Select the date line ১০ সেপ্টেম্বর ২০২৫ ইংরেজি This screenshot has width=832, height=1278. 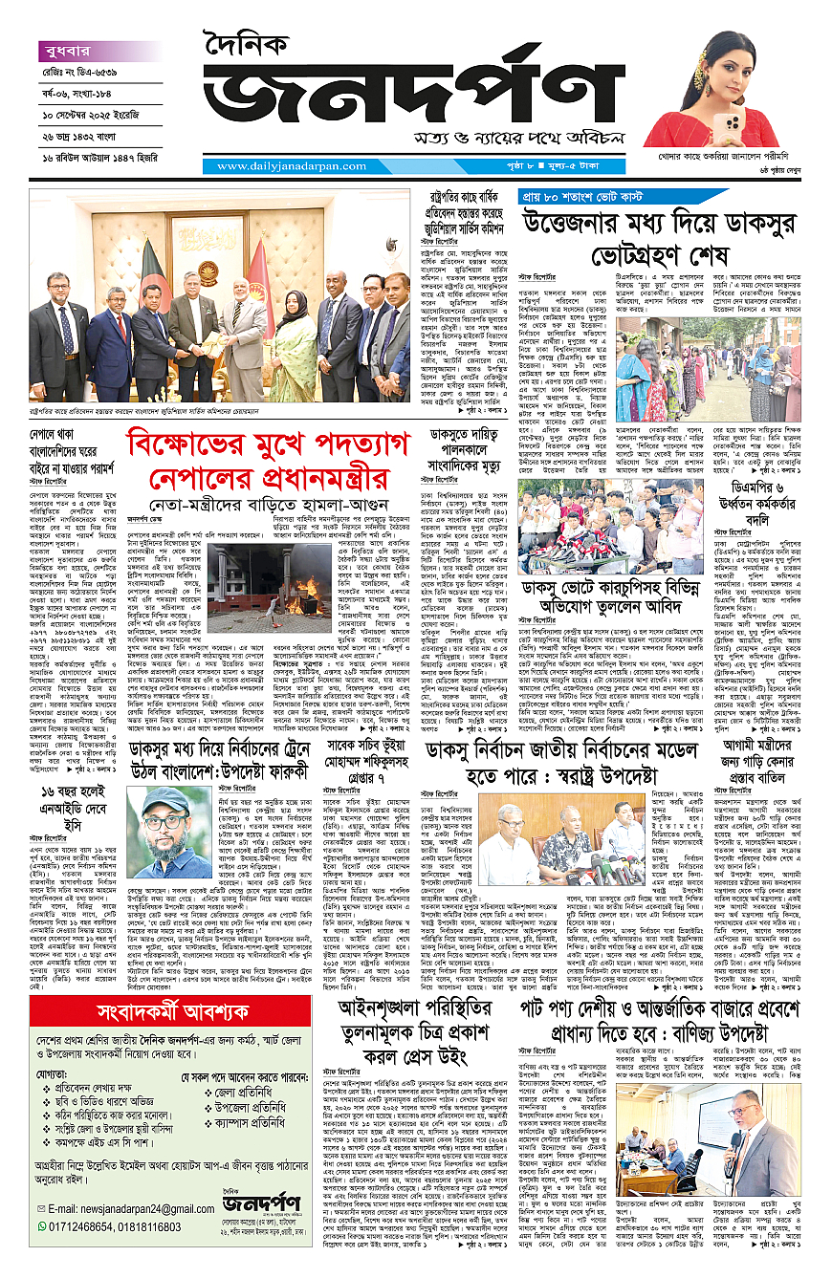(94, 116)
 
